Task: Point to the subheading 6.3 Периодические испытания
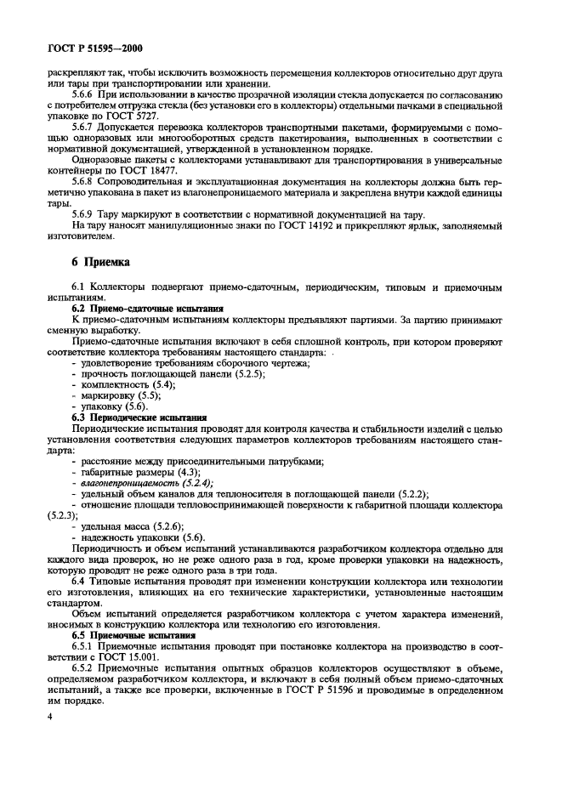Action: (x=139, y=417)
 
